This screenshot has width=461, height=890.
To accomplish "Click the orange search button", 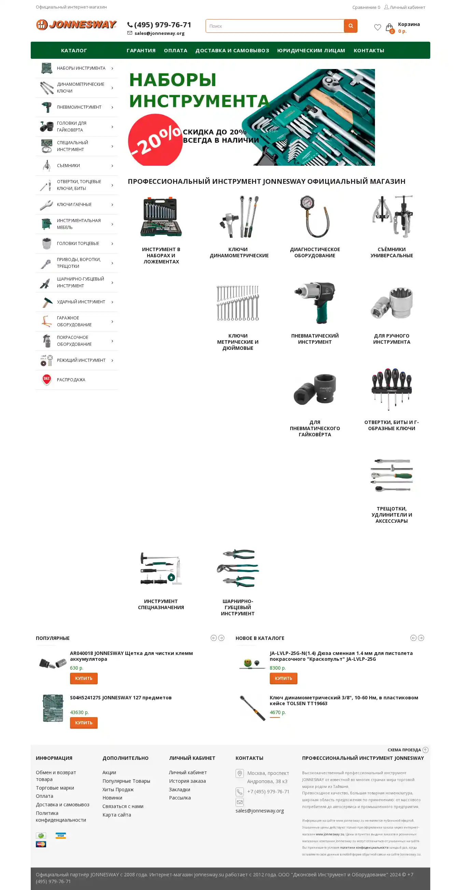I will [x=350, y=26].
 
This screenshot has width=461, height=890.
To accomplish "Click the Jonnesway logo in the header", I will [x=76, y=25].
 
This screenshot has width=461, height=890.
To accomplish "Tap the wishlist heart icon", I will [x=377, y=27].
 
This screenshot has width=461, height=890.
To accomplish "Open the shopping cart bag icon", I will [x=390, y=28].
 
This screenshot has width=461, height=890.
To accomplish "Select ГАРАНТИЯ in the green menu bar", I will [x=141, y=51].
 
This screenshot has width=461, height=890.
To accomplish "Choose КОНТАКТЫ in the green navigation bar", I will [x=369, y=51].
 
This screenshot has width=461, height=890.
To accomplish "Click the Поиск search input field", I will [x=275, y=26].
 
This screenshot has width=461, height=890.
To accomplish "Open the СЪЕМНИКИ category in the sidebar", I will [x=68, y=166].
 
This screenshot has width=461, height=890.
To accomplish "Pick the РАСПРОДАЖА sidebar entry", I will [x=71, y=380].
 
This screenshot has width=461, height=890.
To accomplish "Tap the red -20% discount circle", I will [x=155, y=140].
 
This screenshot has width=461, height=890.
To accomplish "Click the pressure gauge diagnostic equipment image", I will [x=315, y=217].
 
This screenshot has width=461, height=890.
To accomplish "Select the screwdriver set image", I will [x=392, y=389].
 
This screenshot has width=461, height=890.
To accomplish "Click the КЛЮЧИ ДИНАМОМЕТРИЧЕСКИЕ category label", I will [x=239, y=252].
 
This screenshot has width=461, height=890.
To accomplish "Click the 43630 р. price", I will [x=80, y=712].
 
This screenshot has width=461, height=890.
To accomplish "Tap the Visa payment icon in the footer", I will [x=61, y=835].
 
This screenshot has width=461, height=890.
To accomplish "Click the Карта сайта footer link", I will [x=117, y=815].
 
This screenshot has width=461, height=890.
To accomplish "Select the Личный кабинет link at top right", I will [x=407, y=7].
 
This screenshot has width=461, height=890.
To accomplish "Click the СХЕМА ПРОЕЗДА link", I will [x=404, y=750].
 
